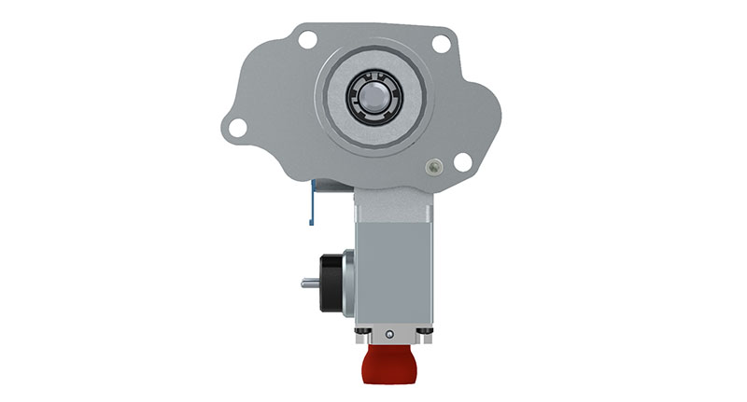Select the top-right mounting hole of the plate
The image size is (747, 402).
click(442, 42)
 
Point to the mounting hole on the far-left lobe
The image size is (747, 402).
click(238, 126)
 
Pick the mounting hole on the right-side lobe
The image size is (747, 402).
click(462, 161)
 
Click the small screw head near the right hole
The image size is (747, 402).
click(431, 167)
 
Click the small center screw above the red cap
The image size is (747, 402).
click(388, 333)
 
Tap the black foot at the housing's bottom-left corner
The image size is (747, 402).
click(359, 332)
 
